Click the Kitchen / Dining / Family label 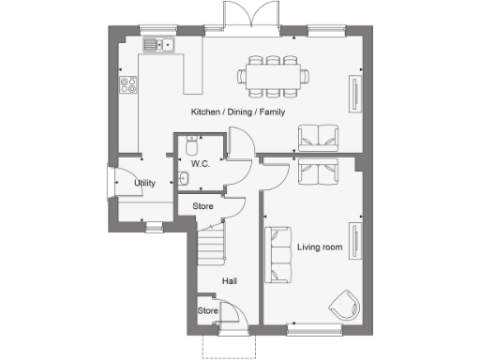pos(238,112)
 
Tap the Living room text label pos(320,247)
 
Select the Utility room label pos(144,183)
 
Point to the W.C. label pos(200,164)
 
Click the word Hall pos(229,280)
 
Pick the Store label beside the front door pos(207,310)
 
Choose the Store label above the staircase pos(202,206)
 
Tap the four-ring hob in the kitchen pos(127,85)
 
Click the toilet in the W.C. pos(192,145)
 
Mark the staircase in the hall pos(212,246)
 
